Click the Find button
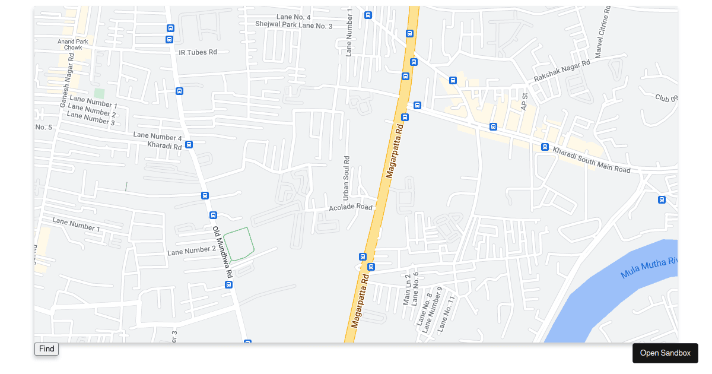46,349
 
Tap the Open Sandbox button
665,353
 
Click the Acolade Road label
351,207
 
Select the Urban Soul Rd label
347,178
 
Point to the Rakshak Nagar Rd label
561,71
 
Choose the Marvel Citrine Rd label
602,33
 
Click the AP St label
524,102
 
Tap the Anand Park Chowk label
73,45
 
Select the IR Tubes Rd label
198,52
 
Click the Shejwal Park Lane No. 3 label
294,25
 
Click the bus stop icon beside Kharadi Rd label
189,144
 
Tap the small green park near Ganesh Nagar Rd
99,93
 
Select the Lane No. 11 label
446,313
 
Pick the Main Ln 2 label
407,290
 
